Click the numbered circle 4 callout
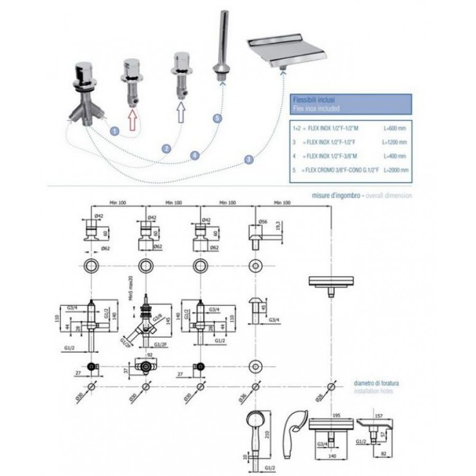(x=195, y=155)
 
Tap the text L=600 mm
(x=395, y=128)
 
